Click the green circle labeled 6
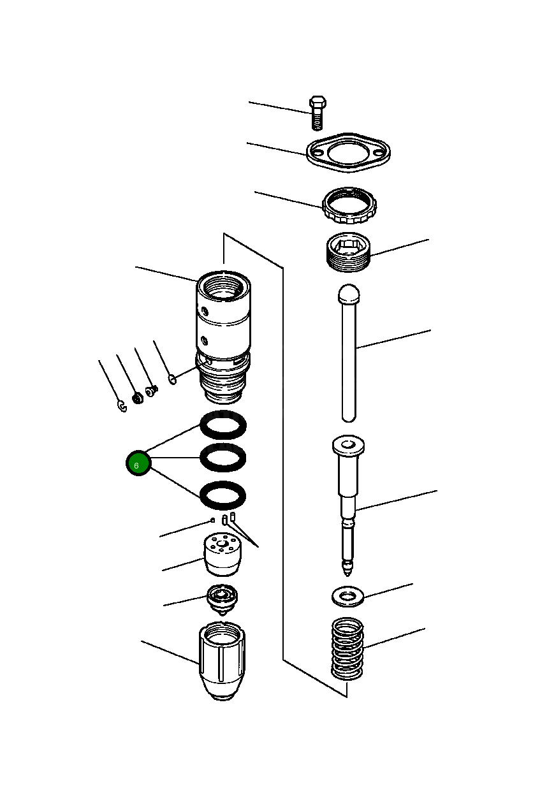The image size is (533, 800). [136, 464]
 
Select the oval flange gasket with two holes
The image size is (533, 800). [348, 154]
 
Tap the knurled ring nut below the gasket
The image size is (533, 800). [349, 205]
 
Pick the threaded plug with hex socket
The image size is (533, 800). [349, 253]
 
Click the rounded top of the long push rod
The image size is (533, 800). [349, 294]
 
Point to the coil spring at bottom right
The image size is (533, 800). [347, 648]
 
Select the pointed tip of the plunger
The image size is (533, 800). [347, 566]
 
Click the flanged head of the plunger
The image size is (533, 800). [348, 446]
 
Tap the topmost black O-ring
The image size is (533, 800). [223, 424]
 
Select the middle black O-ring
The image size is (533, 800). [223, 457]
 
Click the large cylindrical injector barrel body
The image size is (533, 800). [223, 319]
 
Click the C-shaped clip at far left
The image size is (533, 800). [122, 405]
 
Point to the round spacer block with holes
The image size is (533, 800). [223, 553]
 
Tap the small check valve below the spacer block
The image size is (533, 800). [222, 599]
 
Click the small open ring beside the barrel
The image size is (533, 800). [172, 380]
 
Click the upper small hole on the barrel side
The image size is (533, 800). [205, 311]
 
